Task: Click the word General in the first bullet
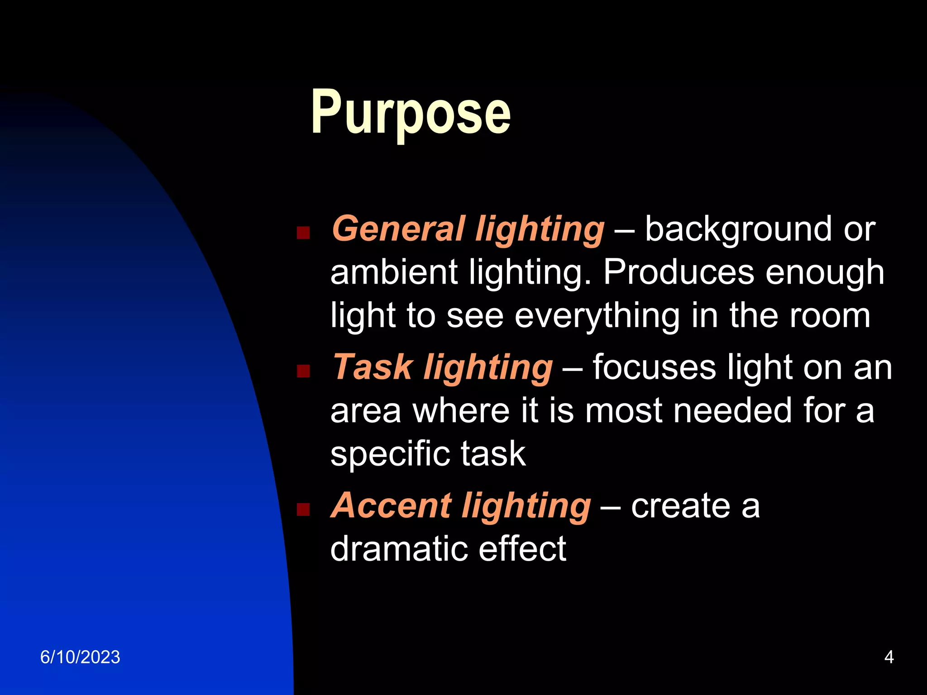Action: click(x=398, y=229)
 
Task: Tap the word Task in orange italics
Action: click(x=373, y=367)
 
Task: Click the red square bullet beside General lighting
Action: click(x=303, y=233)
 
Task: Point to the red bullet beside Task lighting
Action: click(x=303, y=371)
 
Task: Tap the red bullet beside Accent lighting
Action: click(x=303, y=510)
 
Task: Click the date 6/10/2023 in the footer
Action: click(x=80, y=657)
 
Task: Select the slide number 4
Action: click(x=889, y=657)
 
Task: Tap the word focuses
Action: click(x=654, y=367)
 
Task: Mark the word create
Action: click(x=680, y=505)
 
